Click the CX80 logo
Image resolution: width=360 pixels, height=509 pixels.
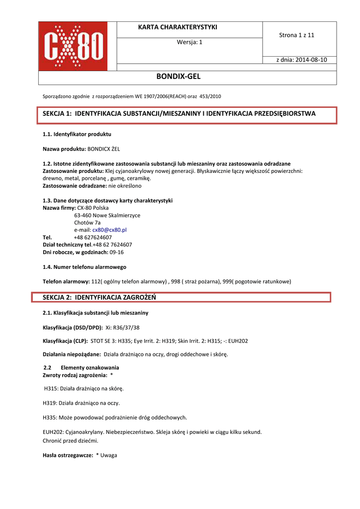coord(78,46)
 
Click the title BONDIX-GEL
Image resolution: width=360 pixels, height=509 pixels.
coord(178,77)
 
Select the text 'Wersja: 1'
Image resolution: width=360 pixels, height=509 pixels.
coord(189,42)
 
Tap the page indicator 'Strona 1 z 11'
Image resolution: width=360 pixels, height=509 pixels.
coord(297,35)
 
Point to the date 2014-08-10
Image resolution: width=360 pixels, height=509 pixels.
coord(311,60)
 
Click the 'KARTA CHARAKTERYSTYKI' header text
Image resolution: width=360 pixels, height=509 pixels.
coord(178,27)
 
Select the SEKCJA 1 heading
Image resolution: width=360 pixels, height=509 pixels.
coord(179,114)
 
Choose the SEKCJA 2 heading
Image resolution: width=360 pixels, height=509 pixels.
coord(99,297)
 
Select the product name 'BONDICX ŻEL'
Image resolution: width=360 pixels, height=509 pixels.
coord(103,149)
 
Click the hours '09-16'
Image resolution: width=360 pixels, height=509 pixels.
coord(116,252)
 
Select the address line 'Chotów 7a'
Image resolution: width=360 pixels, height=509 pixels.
coord(87,223)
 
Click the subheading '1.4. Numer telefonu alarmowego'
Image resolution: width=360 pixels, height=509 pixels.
coord(85,267)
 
